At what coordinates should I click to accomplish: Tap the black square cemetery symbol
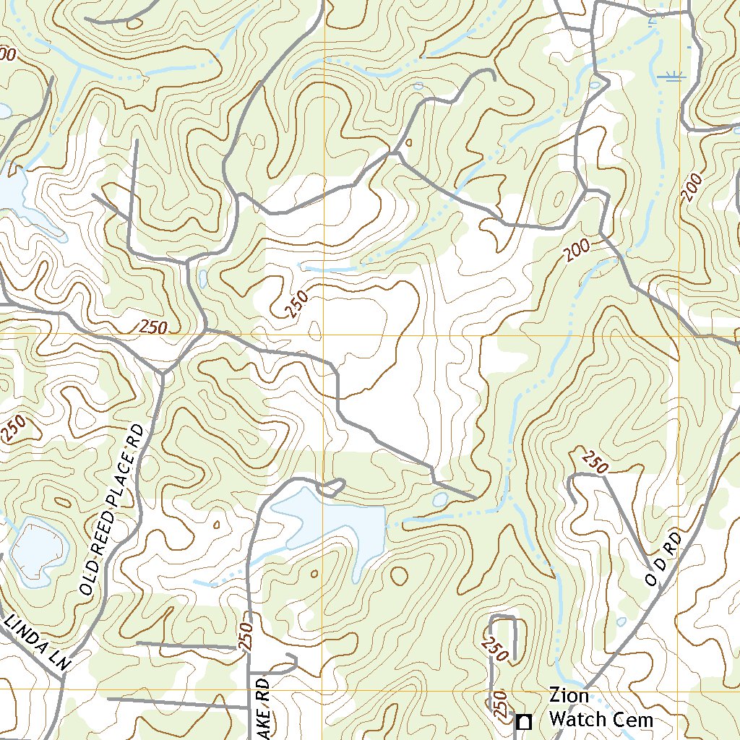525,721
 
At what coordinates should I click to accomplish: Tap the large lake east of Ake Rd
329,528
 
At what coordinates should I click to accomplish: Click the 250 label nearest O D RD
594,462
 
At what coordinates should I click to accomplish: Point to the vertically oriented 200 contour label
692,188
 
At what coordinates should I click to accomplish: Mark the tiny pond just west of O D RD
621,621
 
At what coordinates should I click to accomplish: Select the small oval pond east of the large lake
439,499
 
